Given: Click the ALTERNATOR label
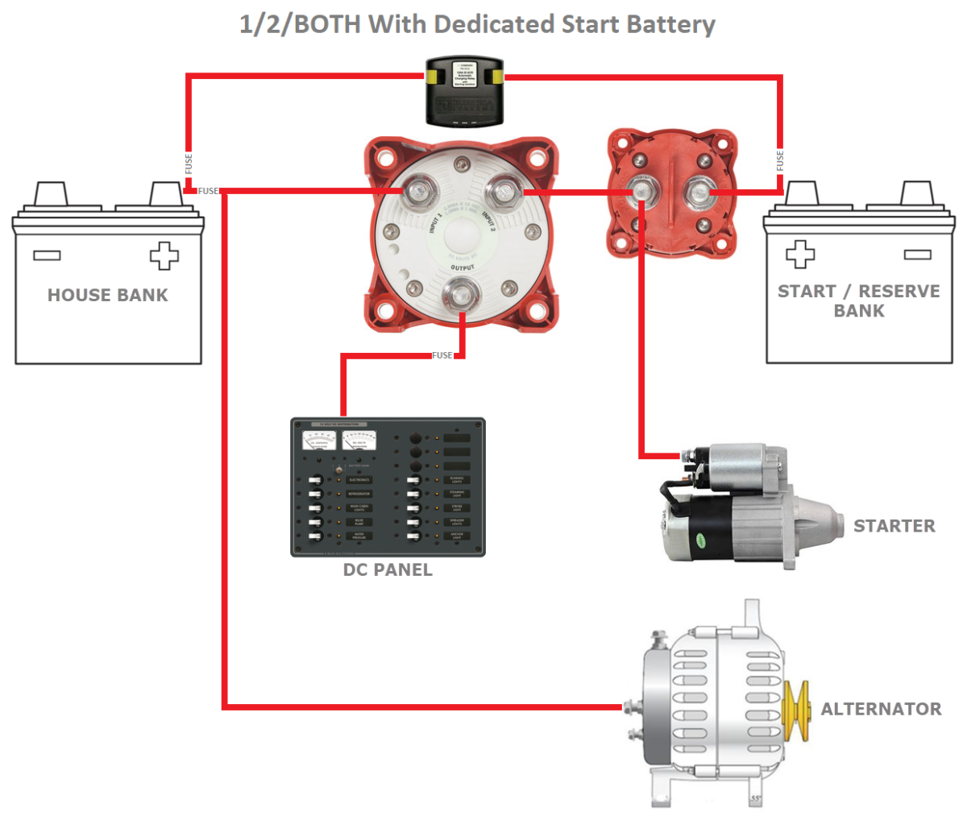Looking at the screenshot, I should [881, 709].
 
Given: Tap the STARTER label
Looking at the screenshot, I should [894, 526].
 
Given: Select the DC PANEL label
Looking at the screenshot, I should [388, 570].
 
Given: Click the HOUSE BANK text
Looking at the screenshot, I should [108, 295].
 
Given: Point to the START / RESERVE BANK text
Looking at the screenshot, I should [858, 300].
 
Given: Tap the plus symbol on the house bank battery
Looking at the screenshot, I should [164, 255].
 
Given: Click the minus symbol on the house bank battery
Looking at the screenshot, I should [47, 255].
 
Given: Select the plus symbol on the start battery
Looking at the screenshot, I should [800, 254].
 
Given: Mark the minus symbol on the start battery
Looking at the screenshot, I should [917, 255].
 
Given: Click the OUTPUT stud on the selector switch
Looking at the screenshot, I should [462, 292].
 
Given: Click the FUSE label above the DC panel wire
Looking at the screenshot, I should [442, 355].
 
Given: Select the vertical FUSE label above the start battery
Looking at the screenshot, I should [780, 160].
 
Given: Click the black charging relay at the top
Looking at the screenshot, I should [463, 92].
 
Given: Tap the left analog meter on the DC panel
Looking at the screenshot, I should [320, 441].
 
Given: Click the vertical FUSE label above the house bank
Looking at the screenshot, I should [189, 164].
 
